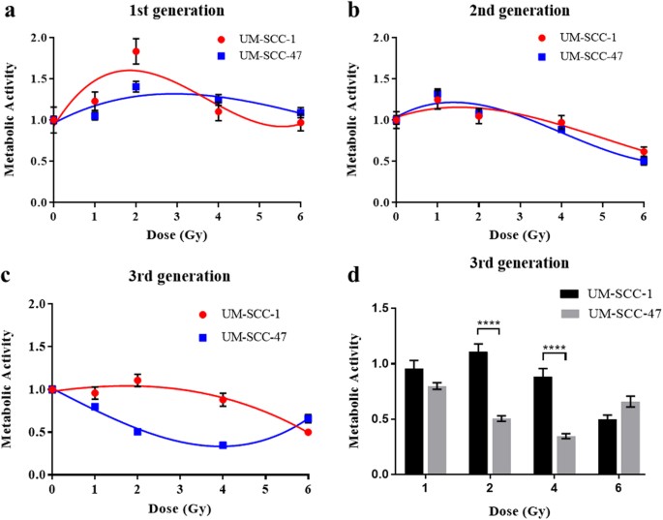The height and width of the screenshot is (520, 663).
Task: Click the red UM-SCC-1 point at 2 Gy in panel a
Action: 136,51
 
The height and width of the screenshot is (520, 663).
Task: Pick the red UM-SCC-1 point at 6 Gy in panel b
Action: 644,152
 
